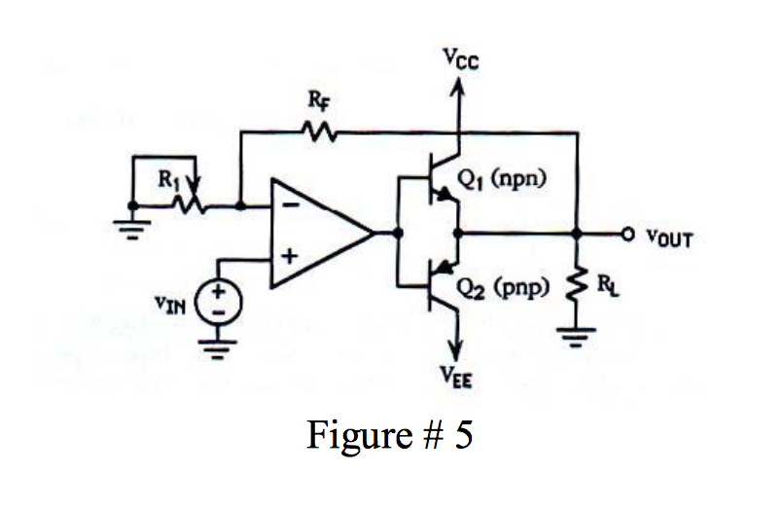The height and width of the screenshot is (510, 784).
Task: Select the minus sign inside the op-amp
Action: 289,206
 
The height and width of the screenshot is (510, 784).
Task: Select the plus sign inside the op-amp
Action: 289,259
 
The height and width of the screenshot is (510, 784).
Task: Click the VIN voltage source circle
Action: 219,302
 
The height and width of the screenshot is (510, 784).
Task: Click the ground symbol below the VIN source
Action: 219,349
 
